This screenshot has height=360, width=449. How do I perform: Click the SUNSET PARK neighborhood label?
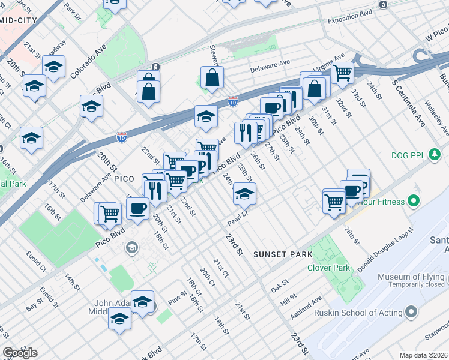click(282, 254)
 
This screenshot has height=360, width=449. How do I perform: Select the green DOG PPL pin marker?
click(435, 155)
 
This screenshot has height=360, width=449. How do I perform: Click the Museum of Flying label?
click(411, 277)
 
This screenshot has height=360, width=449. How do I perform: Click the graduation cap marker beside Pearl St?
click(244, 194)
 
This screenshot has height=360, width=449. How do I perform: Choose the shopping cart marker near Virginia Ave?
click(342, 73)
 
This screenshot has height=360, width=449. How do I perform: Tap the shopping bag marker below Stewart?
click(212, 77)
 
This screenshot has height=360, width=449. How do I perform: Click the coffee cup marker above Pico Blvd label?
click(138, 209)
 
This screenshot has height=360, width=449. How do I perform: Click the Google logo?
click(20, 352)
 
